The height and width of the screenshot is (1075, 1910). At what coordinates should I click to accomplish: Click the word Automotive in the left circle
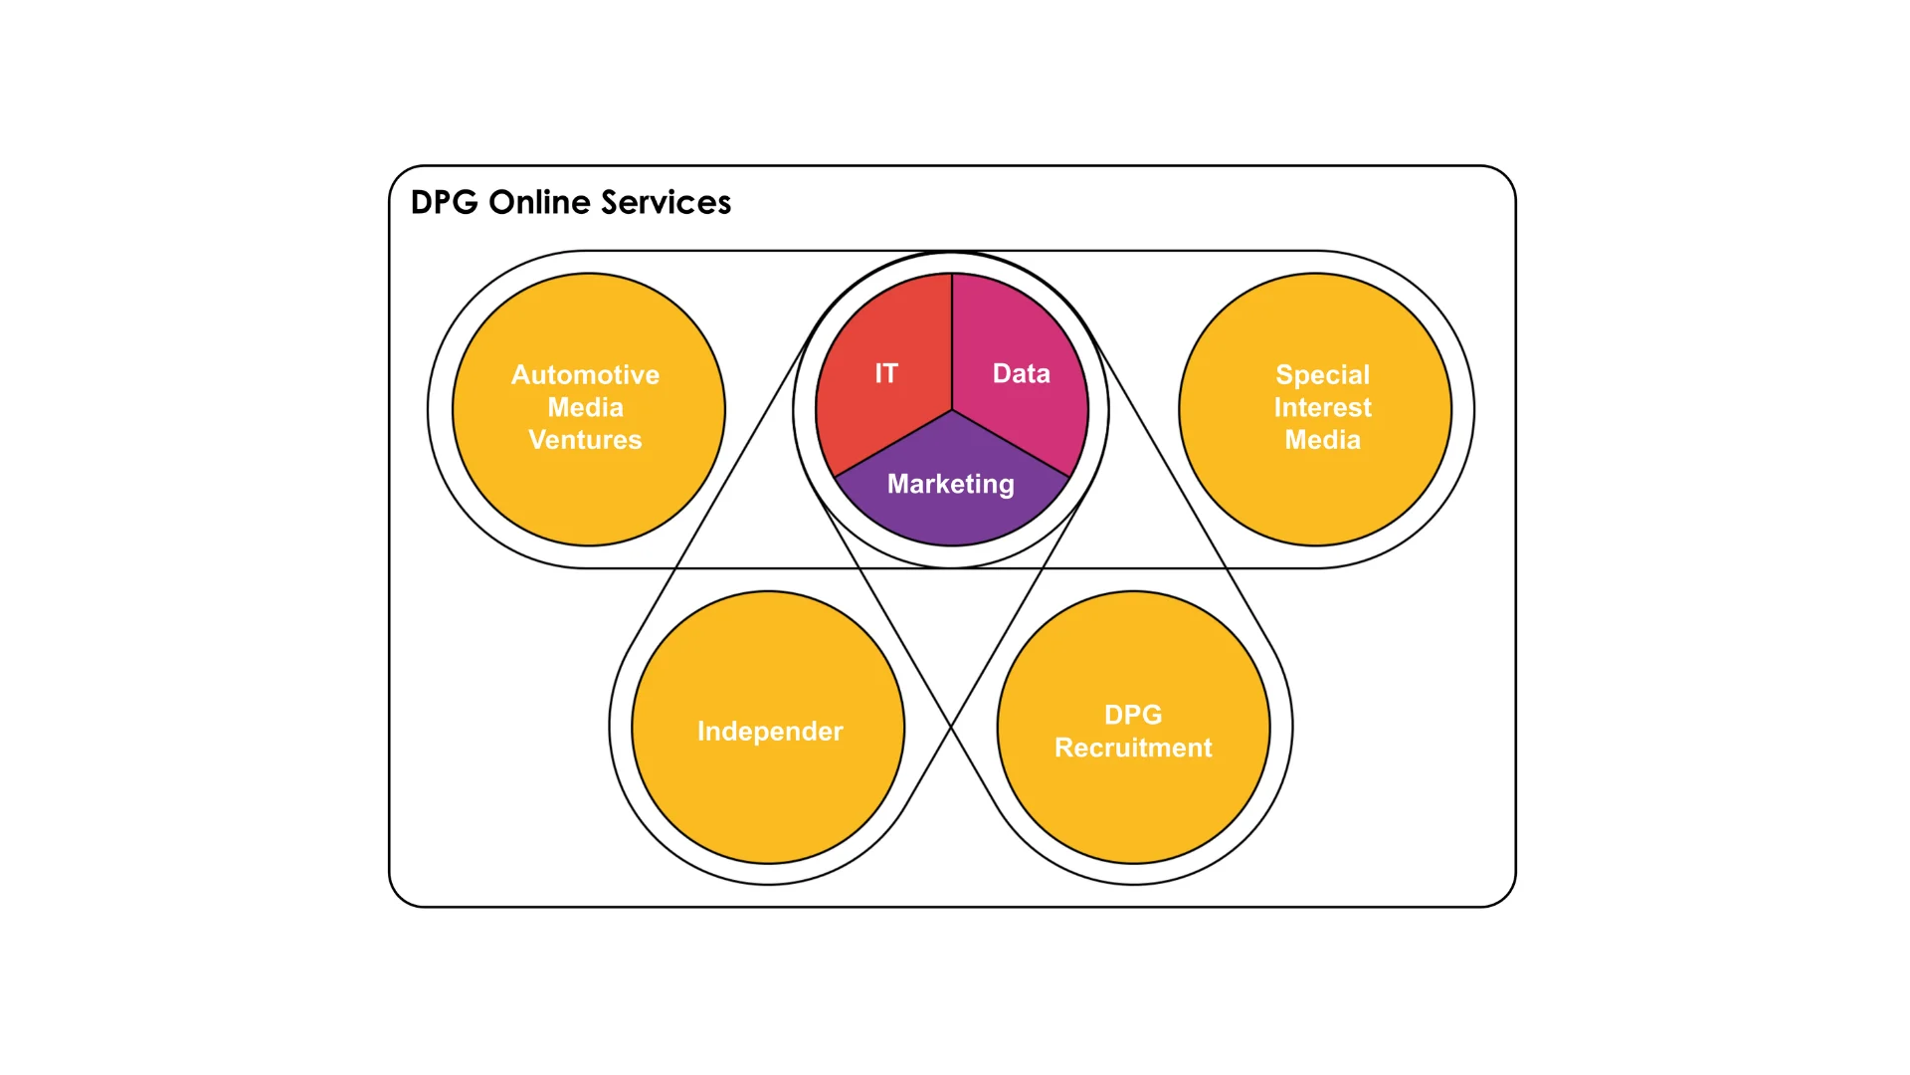(x=585, y=375)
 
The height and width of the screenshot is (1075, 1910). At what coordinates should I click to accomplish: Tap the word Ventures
(x=585, y=440)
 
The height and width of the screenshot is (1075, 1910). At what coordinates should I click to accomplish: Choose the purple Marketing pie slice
(x=951, y=513)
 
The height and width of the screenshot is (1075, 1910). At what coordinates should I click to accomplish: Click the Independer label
(x=770, y=732)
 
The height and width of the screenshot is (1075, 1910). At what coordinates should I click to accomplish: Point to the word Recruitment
(x=1133, y=748)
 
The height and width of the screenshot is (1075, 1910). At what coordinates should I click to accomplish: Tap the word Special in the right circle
(x=1322, y=375)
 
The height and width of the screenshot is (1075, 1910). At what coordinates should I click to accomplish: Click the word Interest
(x=1322, y=407)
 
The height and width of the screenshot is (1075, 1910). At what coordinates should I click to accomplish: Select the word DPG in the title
(x=444, y=203)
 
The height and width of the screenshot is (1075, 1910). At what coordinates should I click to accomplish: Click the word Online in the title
(x=539, y=203)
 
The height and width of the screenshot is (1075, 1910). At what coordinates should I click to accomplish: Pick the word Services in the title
(x=666, y=203)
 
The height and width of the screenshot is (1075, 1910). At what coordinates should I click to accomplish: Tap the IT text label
(x=886, y=373)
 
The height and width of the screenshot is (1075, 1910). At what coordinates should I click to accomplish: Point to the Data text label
(x=1021, y=373)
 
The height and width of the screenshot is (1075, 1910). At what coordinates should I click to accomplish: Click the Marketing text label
(x=951, y=484)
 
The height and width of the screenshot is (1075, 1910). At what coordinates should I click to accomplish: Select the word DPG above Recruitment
(x=1133, y=715)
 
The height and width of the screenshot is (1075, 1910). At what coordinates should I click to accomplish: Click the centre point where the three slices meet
(x=952, y=410)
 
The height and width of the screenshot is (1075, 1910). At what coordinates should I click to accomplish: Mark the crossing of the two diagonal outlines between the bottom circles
(x=952, y=728)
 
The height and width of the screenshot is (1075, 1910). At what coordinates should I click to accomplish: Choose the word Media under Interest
(x=1322, y=440)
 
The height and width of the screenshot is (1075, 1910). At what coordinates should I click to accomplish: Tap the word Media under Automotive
(x=585, y=407)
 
